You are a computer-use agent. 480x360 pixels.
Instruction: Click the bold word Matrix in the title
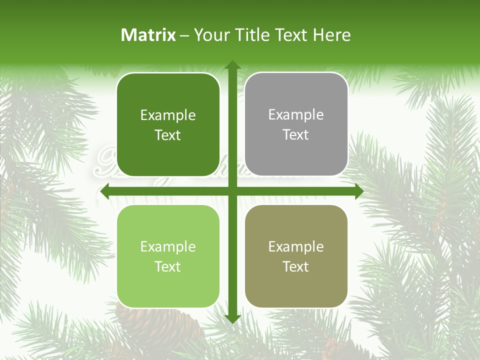point(148,35)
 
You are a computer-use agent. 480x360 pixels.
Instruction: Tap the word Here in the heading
point(332,35)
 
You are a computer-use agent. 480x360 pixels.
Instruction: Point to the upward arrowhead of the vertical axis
point(232,65)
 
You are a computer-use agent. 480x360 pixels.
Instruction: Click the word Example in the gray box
point(296,115)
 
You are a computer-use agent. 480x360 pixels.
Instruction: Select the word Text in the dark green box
point(168,135)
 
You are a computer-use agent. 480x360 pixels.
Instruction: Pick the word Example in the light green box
point(168,247)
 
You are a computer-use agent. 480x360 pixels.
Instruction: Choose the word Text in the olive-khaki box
point(296,267)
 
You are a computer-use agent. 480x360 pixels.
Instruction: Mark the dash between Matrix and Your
point(184,35)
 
